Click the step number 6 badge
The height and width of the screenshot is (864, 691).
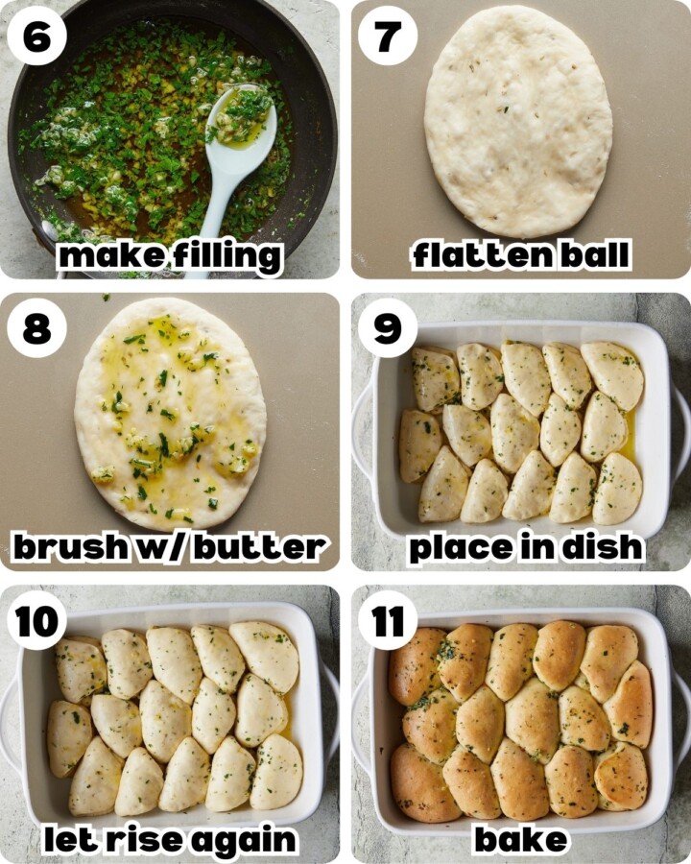(37, 36)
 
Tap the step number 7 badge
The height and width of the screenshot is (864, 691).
(388, 36)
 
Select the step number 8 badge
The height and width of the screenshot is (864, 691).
(37, 328)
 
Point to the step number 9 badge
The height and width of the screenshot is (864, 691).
(388, 328)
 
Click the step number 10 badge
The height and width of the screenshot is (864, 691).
(37, 621)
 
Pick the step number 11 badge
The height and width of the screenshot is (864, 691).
(388, 621)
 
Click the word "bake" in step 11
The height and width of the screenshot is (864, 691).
(521, 839)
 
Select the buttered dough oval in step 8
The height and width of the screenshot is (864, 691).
(170, 413)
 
